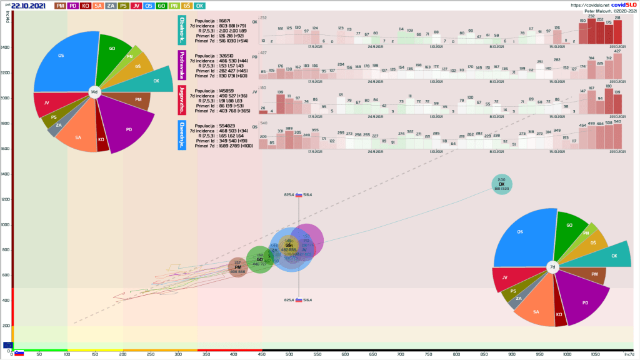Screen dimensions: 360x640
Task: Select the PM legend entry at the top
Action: pos(61,6)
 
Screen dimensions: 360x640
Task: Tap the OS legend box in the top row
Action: pos(149,6)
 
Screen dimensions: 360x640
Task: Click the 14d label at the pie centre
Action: pos(94,92)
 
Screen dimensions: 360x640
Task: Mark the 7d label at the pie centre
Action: pos(552,267)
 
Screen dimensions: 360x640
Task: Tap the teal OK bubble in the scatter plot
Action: pos(501,184)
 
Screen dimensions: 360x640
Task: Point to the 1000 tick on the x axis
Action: pos(566,354)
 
